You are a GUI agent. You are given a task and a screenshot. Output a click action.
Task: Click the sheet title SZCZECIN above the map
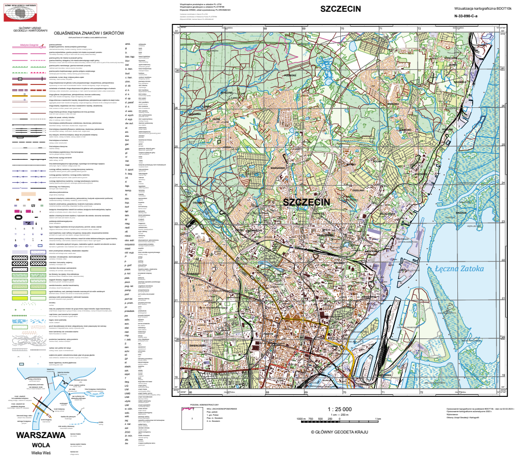[x=340, y=9]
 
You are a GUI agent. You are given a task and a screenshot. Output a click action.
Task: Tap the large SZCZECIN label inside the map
[x=306, y=202]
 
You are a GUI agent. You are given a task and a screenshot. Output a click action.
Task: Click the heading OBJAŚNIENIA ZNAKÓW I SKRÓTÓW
[x=92, y=33]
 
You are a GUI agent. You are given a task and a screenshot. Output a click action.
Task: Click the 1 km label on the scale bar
[x=378, y=418]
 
